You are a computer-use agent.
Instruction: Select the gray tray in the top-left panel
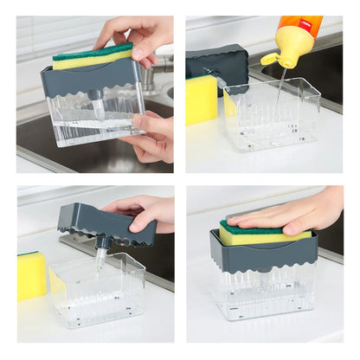point(87,80)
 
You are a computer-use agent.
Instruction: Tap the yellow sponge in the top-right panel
point(202,100)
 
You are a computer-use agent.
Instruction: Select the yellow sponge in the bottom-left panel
point(31,275)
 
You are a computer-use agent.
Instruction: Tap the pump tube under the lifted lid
point(100,254)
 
